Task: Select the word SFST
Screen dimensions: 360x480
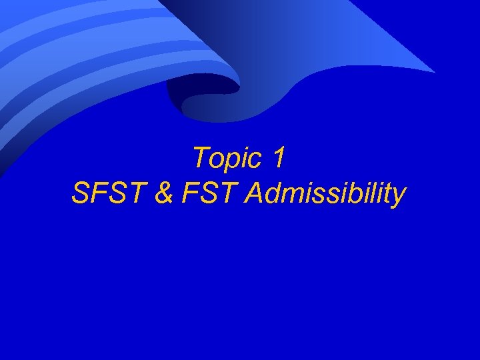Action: tap(106, 193)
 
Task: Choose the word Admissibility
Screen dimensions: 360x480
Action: tap(325, 194)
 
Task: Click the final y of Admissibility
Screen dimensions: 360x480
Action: tap(398, 197)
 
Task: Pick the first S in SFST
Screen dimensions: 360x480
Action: tap(79, 193)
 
